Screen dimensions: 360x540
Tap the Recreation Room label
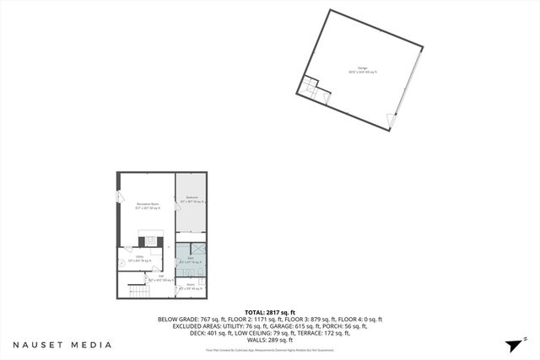click(144, 202)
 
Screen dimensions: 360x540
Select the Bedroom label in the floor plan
click(192, 200)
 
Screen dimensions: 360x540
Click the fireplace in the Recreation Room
click(147, 239)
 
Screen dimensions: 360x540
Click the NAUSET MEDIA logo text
click(62, 345)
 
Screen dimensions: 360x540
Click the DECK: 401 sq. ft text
click(183, 333)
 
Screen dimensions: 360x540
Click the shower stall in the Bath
click(199, 250)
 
